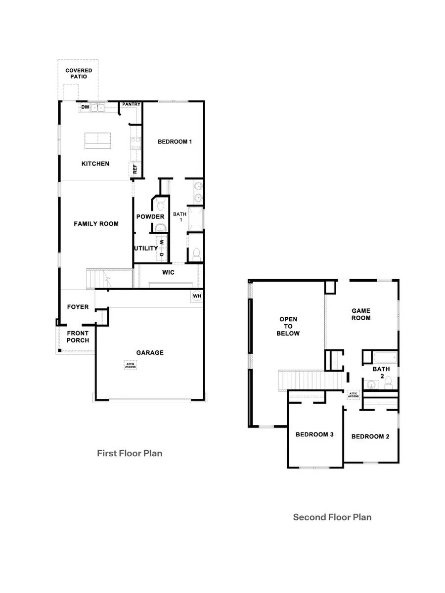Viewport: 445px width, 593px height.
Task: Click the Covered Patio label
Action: click(79, 74)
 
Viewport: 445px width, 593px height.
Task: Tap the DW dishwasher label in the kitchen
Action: click(85, 107)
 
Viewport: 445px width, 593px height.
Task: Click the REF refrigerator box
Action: click(134, 169)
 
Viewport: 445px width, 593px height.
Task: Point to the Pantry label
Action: click(132, 104)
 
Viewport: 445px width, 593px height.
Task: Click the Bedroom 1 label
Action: click(175, 142)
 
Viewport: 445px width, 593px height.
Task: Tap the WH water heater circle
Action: click(197, 296)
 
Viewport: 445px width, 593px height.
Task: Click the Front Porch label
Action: click(78, 337)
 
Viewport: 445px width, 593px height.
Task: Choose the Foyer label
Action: click(78, 307)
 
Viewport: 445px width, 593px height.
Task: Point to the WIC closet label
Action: click(168, 272)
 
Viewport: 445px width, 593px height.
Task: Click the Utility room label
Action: click(146, 248)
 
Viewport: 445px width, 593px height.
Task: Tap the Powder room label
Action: click(150, 217)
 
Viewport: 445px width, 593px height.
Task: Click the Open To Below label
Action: click(289, 326)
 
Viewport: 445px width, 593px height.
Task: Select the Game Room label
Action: click(361, 314)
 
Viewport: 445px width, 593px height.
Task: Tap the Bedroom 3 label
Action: click(314, 435)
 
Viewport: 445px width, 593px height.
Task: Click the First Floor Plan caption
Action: click(130, 453)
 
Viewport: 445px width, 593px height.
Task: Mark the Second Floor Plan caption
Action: click(332, 517)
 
